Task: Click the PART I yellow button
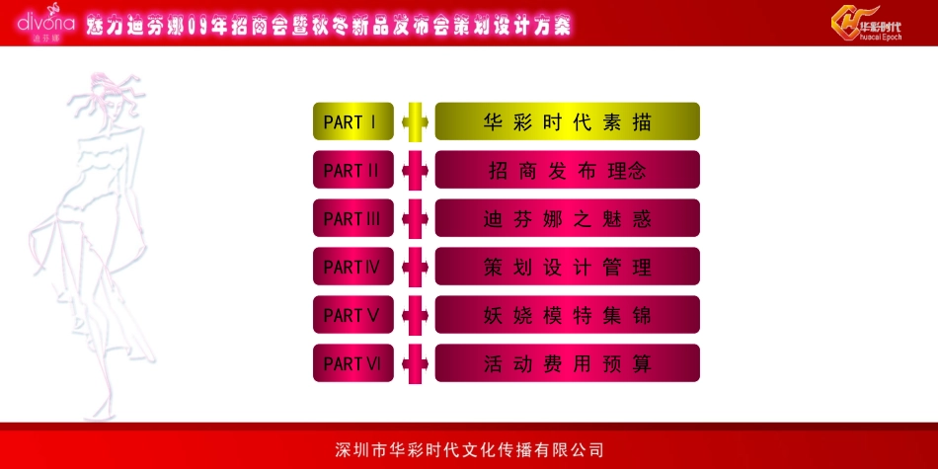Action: pos(352,121)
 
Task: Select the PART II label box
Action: pos(352,170)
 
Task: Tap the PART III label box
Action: pos(352,218)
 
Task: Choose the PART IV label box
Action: pos(352,267)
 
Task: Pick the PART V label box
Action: pos(352,315)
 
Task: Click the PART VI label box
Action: pos(352,363)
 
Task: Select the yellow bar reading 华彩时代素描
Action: pos(567,121)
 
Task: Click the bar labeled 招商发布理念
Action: pos(567,170)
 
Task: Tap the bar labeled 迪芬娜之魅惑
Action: pos(567,218)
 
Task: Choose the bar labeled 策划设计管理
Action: pos(567,267)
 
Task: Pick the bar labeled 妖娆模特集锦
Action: pos(567,315)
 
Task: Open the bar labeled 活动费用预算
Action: pos(567,363)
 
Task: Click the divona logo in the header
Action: pos(45,23)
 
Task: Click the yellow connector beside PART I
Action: pos(415,121)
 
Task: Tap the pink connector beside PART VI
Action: pos(415,363)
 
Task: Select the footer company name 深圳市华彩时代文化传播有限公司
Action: pos(469,450)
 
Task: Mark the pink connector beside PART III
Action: pos(415,218)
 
